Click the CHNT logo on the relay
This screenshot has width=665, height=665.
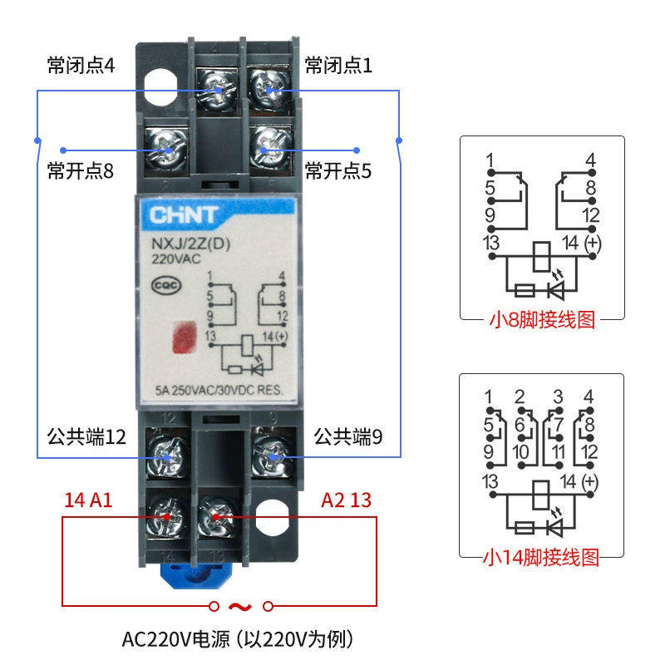click(184, 215)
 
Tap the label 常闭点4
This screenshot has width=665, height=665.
click(81, 66)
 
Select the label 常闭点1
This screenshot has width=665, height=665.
click(338, 66)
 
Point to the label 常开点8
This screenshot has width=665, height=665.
click(81, 171)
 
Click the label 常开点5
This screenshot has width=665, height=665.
click(338, 171)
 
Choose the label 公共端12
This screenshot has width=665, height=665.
click(86, 437)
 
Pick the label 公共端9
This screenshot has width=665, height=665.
click(347, 437)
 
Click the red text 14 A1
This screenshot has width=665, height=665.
click(88, 500)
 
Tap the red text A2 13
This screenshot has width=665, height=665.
click(346, 500)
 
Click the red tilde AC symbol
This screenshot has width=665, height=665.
click(240, 607)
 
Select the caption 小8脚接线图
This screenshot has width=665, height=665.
click(543, 320)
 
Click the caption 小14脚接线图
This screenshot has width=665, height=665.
click(541, 557)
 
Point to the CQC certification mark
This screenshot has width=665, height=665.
click(166, 285)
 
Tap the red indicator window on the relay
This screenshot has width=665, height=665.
click(185, 337)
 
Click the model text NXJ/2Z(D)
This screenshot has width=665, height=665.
click(191, 244)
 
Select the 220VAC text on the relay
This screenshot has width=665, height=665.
click(176, 259)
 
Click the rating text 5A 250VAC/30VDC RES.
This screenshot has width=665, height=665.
click(219, 390)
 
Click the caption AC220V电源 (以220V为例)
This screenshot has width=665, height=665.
click(238, 639)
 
